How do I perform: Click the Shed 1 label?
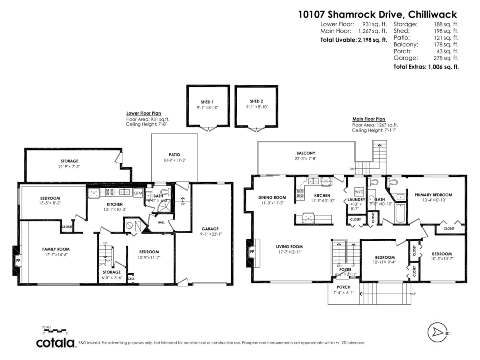coord(207,102)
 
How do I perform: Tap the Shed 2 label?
coord(256,101)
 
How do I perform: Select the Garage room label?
coord(210,229)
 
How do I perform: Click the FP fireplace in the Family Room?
coord(18,260)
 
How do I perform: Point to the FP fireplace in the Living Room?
coord(252,252)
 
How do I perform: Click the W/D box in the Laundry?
coord(359,191)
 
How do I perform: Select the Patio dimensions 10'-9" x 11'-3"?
coord(174,160)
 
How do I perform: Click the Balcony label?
coord(306,153)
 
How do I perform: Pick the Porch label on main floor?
coord(344,287)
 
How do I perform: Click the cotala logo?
coord(56,343)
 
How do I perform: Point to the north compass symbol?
coord(438,332)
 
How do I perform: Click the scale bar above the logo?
coord(55,331)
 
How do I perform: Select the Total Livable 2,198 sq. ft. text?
coord(354,40)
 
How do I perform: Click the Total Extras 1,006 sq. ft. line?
coord(426,67)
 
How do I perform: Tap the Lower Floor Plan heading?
coord(144,113)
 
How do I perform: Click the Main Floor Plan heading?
coord(368,119)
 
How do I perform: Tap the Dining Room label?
coord(272,197)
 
